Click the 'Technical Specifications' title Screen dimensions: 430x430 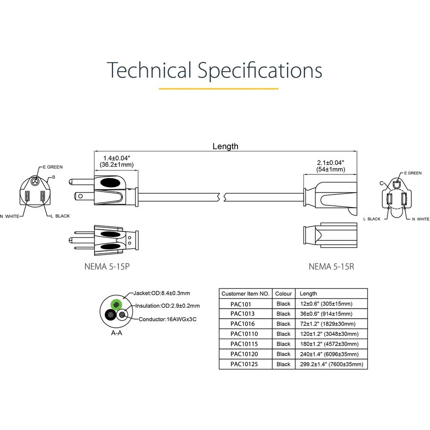click(215, 70)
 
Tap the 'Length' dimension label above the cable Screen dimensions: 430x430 click(225, 146)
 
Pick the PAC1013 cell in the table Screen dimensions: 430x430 click(242, 314)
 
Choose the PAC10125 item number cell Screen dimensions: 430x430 click(244, 364)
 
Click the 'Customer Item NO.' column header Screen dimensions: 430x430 click(246, 293)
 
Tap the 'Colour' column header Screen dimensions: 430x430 click(283, 293)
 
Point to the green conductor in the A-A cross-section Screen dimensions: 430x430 click(116, 304)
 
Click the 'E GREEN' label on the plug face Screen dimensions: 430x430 click(53, 167)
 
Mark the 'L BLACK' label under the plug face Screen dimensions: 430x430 click(60, 216)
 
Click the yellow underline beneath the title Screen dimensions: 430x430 click(218, 88)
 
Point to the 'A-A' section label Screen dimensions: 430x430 click(117, 333)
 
